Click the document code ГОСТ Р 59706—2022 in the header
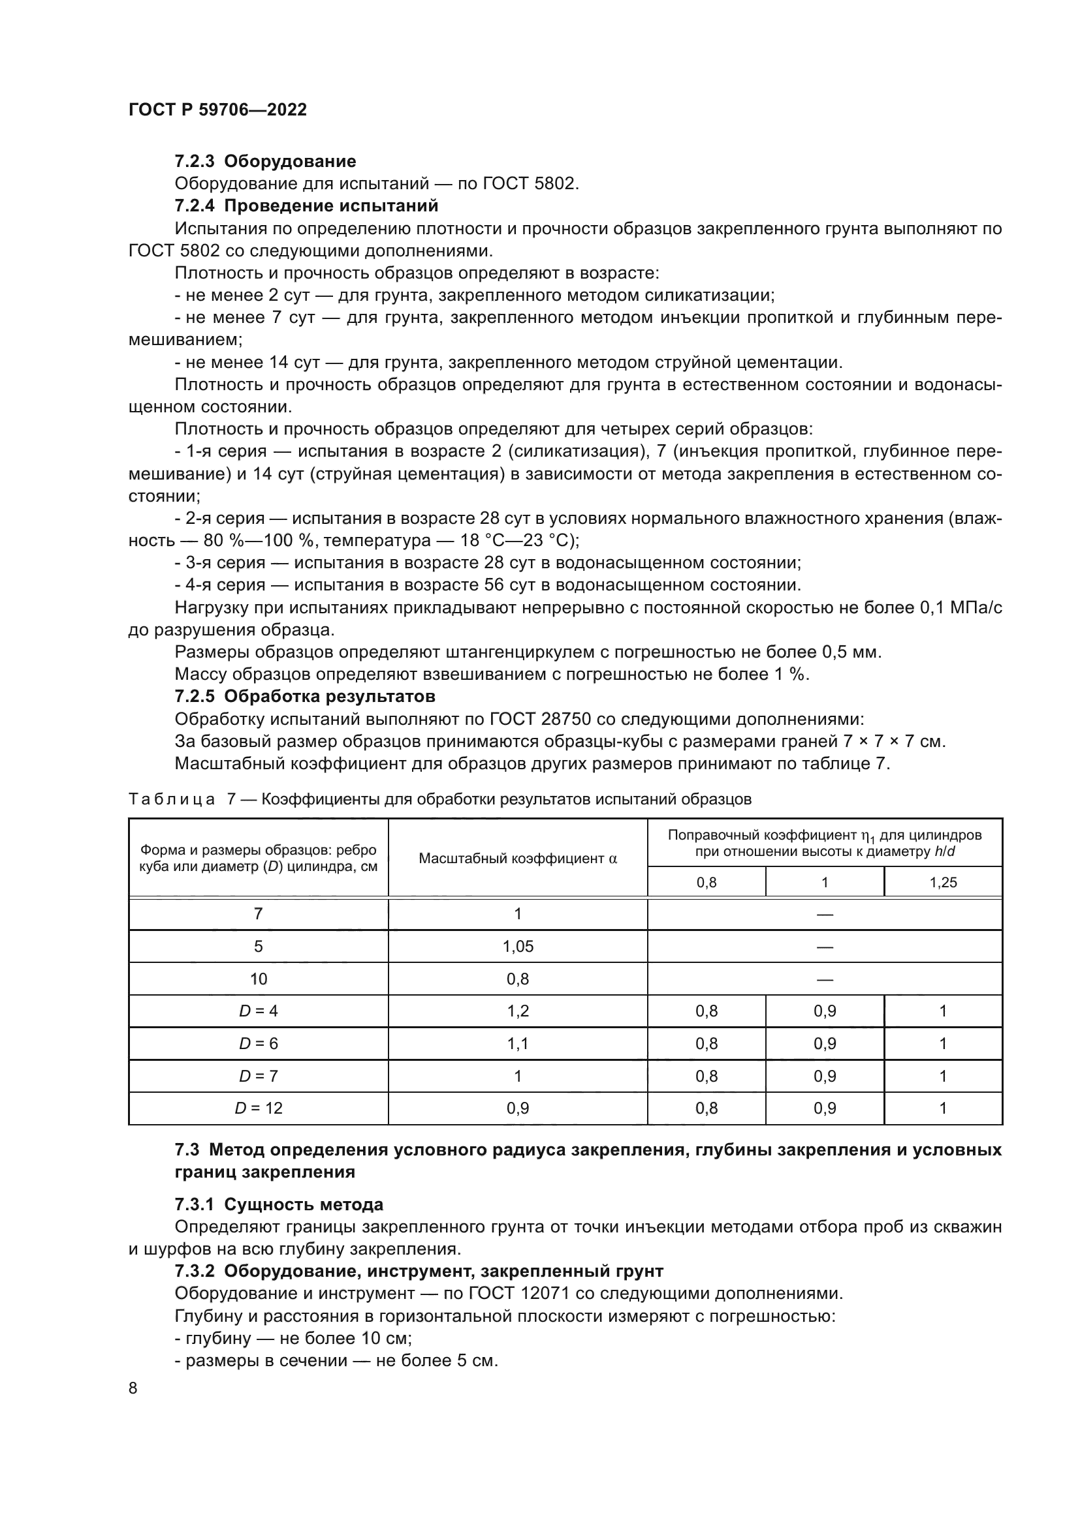(217, 110)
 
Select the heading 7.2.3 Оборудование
(265, 162)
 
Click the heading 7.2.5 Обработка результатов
(304, 697)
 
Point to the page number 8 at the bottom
(133, 1388)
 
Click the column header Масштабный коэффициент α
(517, 859)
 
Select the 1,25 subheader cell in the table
(942, 883)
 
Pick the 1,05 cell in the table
(517, 947)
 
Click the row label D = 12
(258, 1108)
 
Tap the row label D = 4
(258, 1011)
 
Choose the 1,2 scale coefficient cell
(517, 1011)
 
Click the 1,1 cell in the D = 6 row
(517, 1043)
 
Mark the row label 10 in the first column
(258, 979)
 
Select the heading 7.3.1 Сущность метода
(279, 1204)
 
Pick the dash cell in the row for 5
(825, 947)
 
